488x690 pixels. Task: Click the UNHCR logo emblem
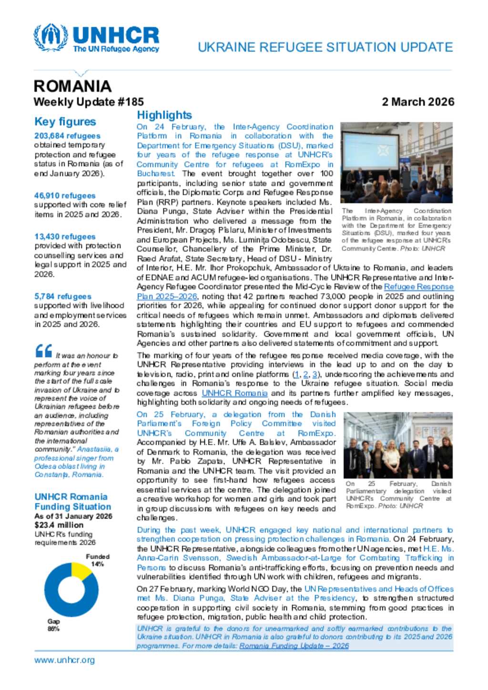coord(51,37)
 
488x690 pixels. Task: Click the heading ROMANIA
coord(72,86)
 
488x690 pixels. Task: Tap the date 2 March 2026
coord(418,102)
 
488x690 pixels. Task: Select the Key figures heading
coord(65,122)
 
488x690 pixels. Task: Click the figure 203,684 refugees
coord(67,136)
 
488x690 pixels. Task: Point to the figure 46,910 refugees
coord(65,196)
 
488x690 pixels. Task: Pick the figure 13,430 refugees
coord(65,237)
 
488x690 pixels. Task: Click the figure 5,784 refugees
coord(62,296)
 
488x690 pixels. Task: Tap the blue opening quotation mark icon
coord(43,351)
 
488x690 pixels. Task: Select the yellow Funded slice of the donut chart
coord(81,571)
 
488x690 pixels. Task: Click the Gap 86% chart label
coord(53,625)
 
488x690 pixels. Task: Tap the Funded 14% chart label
coord(98,560)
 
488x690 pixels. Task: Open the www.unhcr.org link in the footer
coord(64,660)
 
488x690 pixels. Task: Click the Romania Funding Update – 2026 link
coord(294,646)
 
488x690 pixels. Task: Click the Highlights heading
coord(164,115)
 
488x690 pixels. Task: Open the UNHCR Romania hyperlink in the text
coord(234,393)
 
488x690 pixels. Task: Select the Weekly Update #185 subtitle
coord(89,102)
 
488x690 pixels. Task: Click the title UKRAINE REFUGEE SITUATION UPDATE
coord(325,48)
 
